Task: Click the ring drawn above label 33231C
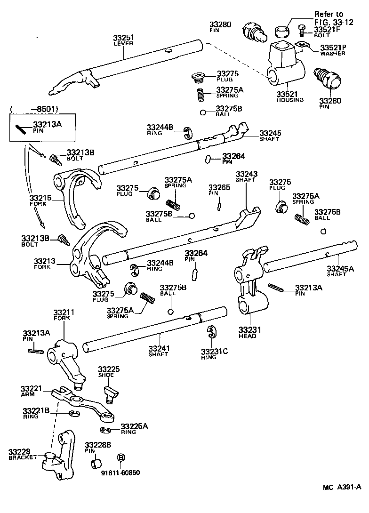(x=211, y=332)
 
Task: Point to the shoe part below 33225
(x=111, y=393)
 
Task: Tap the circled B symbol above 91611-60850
(x=120, y=457)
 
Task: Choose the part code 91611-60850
(x=120, y=472)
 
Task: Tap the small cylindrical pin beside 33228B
(x=97, y=464)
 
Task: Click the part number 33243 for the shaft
(x=247, y=175)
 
